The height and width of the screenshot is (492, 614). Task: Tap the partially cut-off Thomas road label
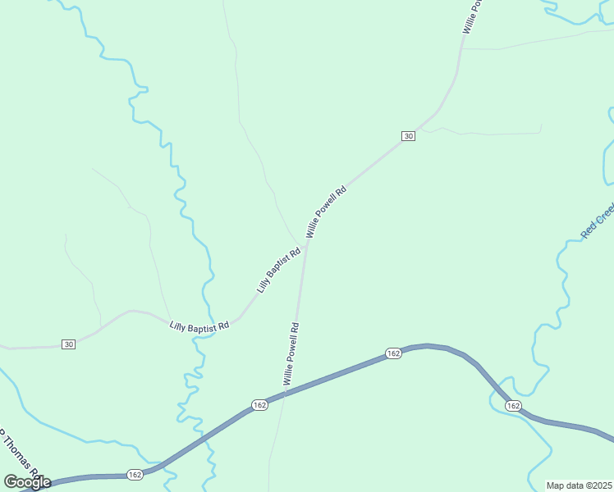point(18,451)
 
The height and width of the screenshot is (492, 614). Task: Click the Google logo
point(27,482)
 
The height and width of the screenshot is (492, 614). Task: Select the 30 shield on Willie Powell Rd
point(408,135)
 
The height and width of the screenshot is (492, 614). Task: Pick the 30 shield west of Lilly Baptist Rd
point(68,344)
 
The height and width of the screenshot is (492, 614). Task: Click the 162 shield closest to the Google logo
point(135,474)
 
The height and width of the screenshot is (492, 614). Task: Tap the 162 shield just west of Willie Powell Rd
point(259,405)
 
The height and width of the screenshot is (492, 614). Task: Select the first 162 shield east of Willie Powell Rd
point(393,353)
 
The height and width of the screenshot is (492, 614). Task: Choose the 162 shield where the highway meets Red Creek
point(513,406)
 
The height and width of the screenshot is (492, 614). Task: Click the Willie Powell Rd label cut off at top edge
point(470,15)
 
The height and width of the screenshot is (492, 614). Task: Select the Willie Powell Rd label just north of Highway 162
point(291,353)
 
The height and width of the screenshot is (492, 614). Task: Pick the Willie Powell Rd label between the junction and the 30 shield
point(327,212)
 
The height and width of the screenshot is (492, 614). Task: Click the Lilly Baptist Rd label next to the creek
point(199,326)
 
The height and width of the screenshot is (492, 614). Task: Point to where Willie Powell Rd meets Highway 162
point(284,394)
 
